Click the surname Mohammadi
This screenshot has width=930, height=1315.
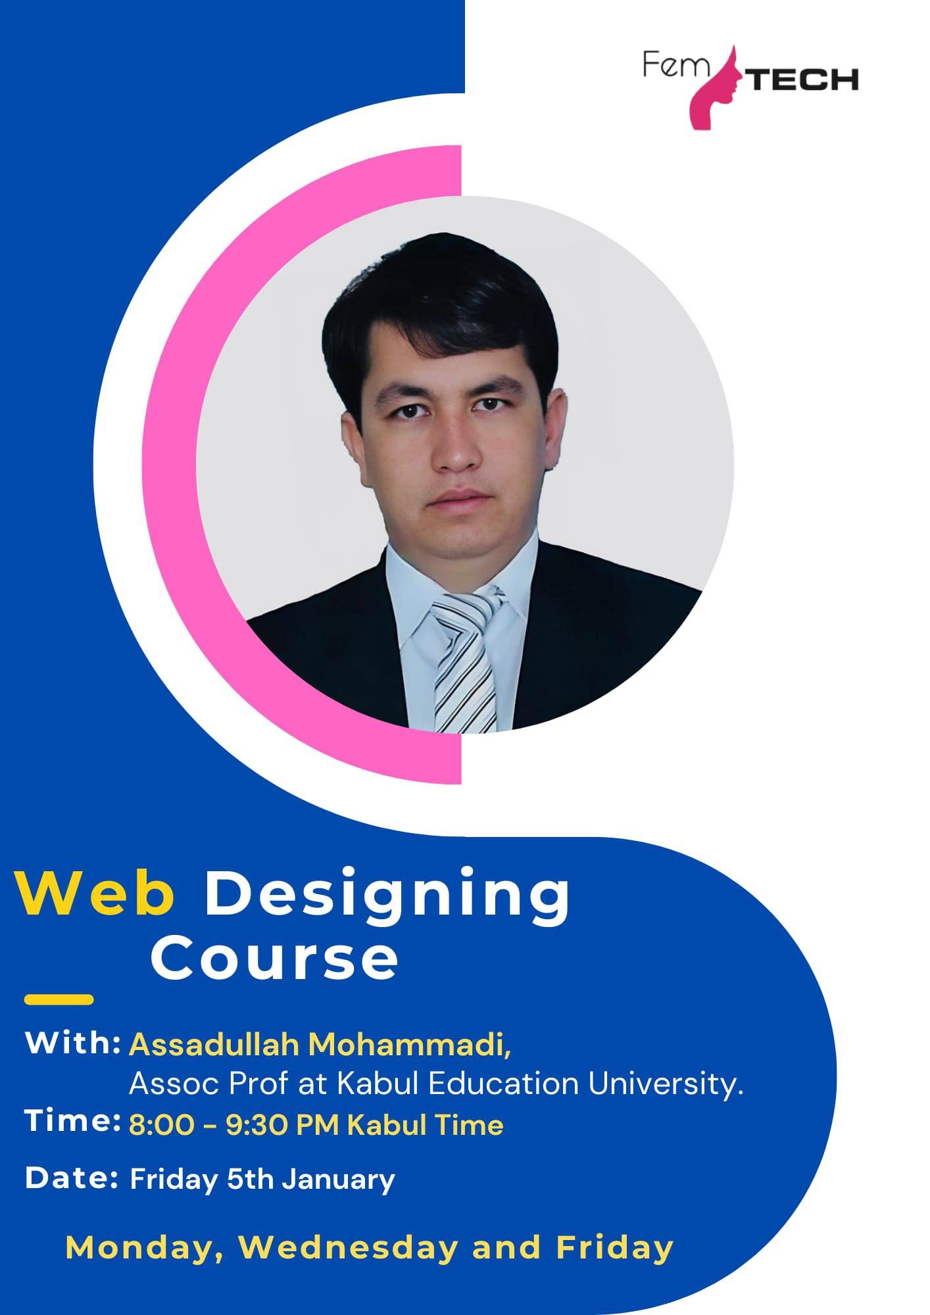(x=407, y=1045)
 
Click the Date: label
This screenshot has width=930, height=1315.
(x=71, y=1178)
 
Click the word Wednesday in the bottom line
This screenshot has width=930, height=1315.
(x=348, y=1248)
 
